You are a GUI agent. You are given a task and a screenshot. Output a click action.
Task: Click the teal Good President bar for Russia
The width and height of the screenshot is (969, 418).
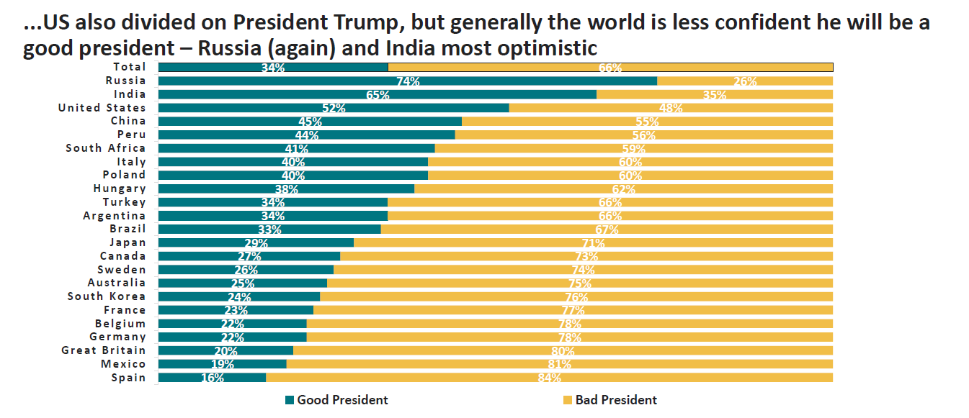[x=407, y=81]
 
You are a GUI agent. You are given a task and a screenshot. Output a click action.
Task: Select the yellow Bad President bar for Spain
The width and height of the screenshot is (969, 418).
[x=549, y=378]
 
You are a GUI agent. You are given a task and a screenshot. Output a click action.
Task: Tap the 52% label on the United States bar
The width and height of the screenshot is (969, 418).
[x=334, y=109]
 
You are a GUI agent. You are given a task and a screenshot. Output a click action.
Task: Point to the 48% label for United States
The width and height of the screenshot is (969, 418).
[x=671, y=109]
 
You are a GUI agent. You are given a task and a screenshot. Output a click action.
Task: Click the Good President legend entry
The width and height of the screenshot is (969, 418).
[x=336, y=400]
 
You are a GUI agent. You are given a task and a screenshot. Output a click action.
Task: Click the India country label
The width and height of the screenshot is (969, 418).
[x=130, y=94]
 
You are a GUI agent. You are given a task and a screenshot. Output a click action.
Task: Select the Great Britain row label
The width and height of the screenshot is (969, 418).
[x=104, y=350]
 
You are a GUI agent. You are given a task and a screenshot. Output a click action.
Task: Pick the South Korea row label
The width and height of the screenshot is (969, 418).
[x=107, y=296]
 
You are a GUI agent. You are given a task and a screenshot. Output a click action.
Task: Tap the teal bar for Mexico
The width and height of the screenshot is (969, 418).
[x=222, y=364]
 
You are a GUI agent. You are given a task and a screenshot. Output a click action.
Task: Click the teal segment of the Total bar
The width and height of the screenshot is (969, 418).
[x=272, y=67]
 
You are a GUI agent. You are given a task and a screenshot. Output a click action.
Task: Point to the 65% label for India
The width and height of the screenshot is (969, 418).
[x=378, y=95]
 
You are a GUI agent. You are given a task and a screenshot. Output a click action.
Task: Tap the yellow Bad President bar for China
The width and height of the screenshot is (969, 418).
[x=647, y=122]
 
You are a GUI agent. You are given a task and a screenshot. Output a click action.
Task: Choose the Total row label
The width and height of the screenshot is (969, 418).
[x=130, y=67]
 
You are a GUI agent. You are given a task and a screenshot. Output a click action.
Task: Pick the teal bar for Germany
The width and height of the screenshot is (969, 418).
[x=232, y=337]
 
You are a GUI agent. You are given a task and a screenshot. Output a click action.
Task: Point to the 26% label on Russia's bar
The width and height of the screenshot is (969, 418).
[x=745, y=81]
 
